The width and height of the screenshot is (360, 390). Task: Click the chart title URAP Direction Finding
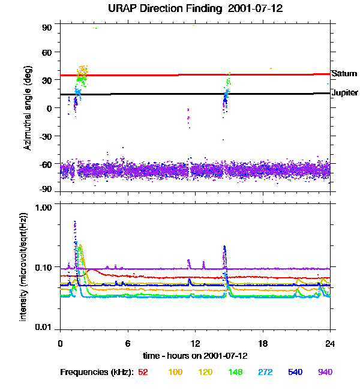point(179,8)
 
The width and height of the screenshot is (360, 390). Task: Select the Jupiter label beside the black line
point(344,93)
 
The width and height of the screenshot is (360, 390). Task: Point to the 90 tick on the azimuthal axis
point(47,28)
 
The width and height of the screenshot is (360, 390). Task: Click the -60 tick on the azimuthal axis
point(46,163)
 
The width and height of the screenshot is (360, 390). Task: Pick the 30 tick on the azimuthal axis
point(47,81)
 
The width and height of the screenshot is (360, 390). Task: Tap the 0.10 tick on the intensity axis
point(43,266)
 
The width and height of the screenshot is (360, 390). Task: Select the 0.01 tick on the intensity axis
point(43,327)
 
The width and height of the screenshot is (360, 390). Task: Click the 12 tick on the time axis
point(195,344)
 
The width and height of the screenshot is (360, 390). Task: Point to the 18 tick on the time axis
point(263,344)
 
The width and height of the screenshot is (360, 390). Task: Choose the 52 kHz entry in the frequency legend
point(143,372)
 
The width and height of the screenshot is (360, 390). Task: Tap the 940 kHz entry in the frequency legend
point(325,372)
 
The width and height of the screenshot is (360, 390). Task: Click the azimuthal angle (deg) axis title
point(28,109)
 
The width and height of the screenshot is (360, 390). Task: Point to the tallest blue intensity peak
point(74,222)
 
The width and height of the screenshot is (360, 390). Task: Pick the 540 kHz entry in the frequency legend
point(295,372)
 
